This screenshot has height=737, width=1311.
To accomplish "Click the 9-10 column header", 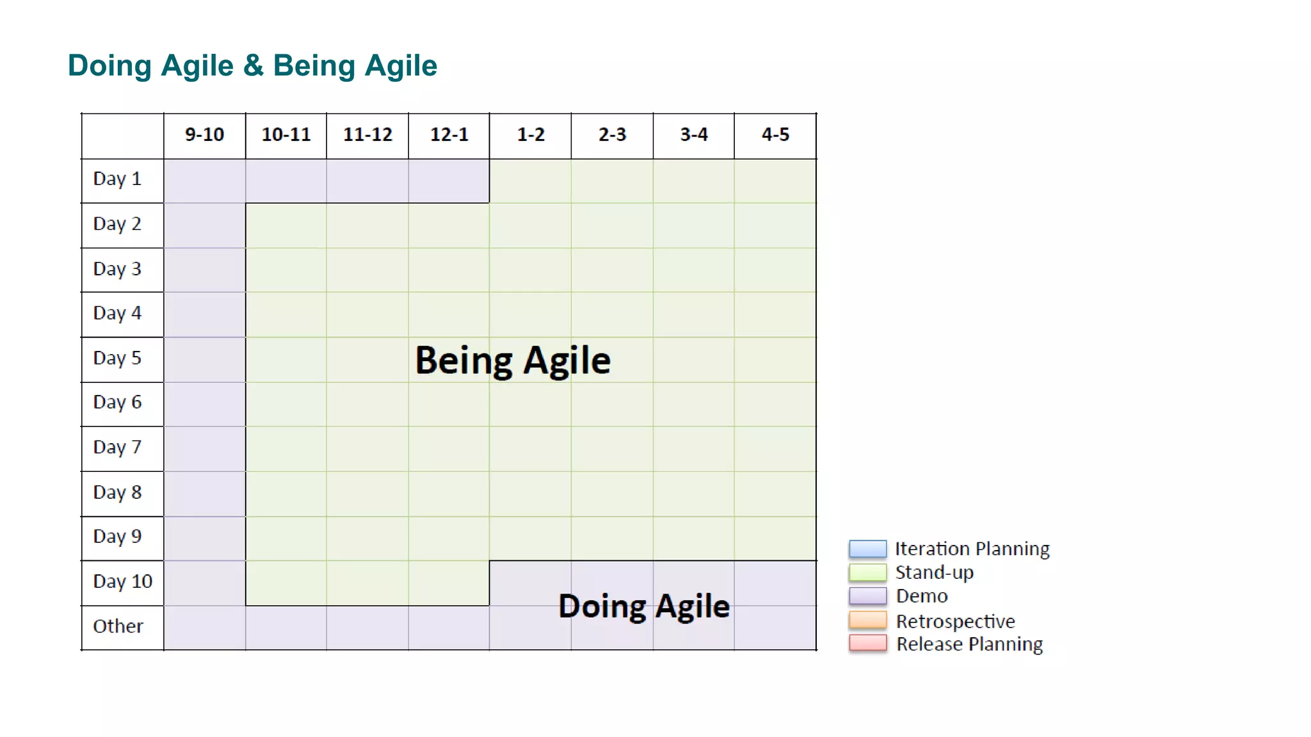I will pos(204,135).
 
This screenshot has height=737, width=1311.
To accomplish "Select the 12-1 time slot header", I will pos(449,135).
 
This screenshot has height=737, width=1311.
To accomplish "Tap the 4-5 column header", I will pos(775,135).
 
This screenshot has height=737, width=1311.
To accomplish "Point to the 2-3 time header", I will pos(612,135).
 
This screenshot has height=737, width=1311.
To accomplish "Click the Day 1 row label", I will pos(117,179).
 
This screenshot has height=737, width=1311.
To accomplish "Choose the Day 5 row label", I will pos(117,358).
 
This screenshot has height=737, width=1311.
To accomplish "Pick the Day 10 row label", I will pos(122,581).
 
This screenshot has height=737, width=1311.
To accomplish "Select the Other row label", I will pos(118,626).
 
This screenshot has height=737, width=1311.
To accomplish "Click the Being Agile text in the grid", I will pos(513,360).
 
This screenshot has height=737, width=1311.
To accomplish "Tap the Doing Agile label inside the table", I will pos(643,606).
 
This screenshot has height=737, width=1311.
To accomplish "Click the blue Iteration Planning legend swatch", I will pos(867,549).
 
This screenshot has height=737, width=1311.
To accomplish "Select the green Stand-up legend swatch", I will pos(867,572).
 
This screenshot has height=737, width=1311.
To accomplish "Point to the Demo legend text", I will pos(921,596).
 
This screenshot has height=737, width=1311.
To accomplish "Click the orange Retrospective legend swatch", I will pos(867,620).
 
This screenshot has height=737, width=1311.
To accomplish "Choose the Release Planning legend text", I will pos(969,644).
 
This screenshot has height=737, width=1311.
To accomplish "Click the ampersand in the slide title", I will pos(253,66).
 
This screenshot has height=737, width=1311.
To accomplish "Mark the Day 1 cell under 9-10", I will pos(204,181).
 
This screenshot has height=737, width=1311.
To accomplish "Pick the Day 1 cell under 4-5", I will pos(775,181).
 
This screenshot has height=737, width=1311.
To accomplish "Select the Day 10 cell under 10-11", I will pos(286,583).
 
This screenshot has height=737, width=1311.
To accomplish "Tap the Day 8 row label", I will pos(117,492).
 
